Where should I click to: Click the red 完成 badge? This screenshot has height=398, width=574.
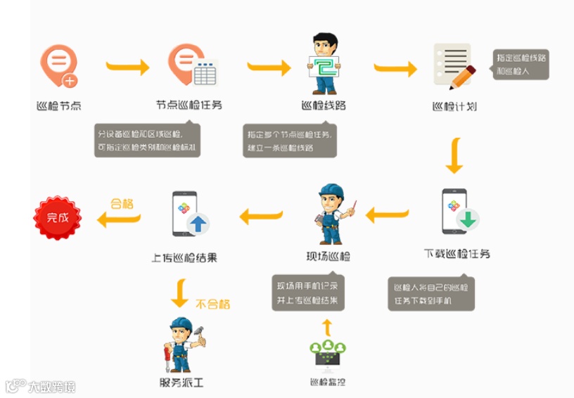tap(58, 218)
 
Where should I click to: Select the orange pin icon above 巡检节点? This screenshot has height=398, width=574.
tap(58, 67)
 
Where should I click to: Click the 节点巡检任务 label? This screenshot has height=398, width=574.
tap(189, 105)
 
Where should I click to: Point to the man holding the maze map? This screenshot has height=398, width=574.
tap(325, 64)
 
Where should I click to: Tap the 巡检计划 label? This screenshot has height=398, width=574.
tap(454, 107)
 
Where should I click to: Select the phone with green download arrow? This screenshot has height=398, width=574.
tap(458, 212)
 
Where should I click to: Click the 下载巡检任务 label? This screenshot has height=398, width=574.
tap(457, 253)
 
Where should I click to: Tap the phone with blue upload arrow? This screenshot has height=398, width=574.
tap(189, 214)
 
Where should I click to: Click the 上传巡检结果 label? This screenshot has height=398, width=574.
tap(184, 257)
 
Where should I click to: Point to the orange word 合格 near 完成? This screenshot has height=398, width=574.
tap(122, 203)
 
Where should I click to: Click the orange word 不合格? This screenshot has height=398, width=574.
tap(212, 304)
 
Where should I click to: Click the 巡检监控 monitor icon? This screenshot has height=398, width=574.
tap(328, 355)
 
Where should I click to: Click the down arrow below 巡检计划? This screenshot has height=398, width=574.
tap(454, 157)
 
